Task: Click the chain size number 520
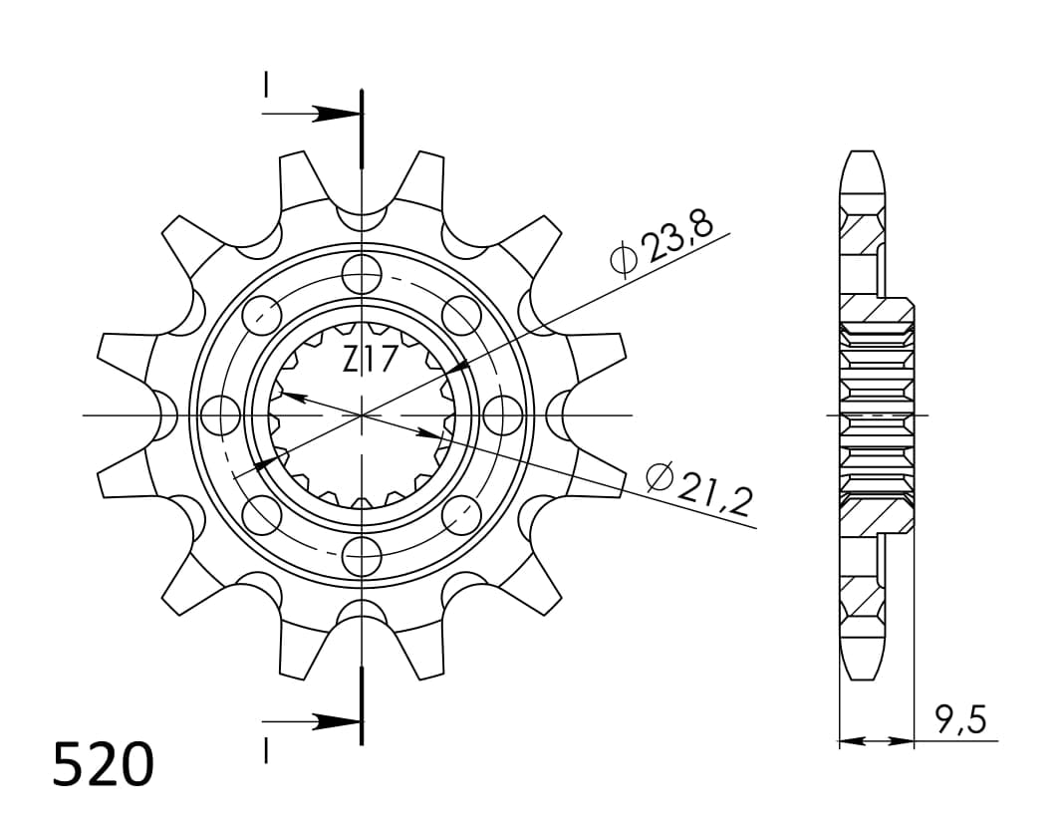click(x=104, y=765)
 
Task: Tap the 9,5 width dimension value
click(x=961, y=719)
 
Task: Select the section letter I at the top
click(x=266, y=85)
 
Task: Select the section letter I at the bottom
click(x=266, y=750)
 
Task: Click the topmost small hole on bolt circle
click(x=362, y=272)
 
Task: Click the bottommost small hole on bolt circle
click(x=362, y=555)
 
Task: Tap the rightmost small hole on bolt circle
click(x=503, y=413)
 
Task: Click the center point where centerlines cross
click(x=362, y=413)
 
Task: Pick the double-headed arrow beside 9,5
click(x=877, y=741)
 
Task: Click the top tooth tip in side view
click(x=863, y=157)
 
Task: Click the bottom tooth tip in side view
click(x=863, y=673)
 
